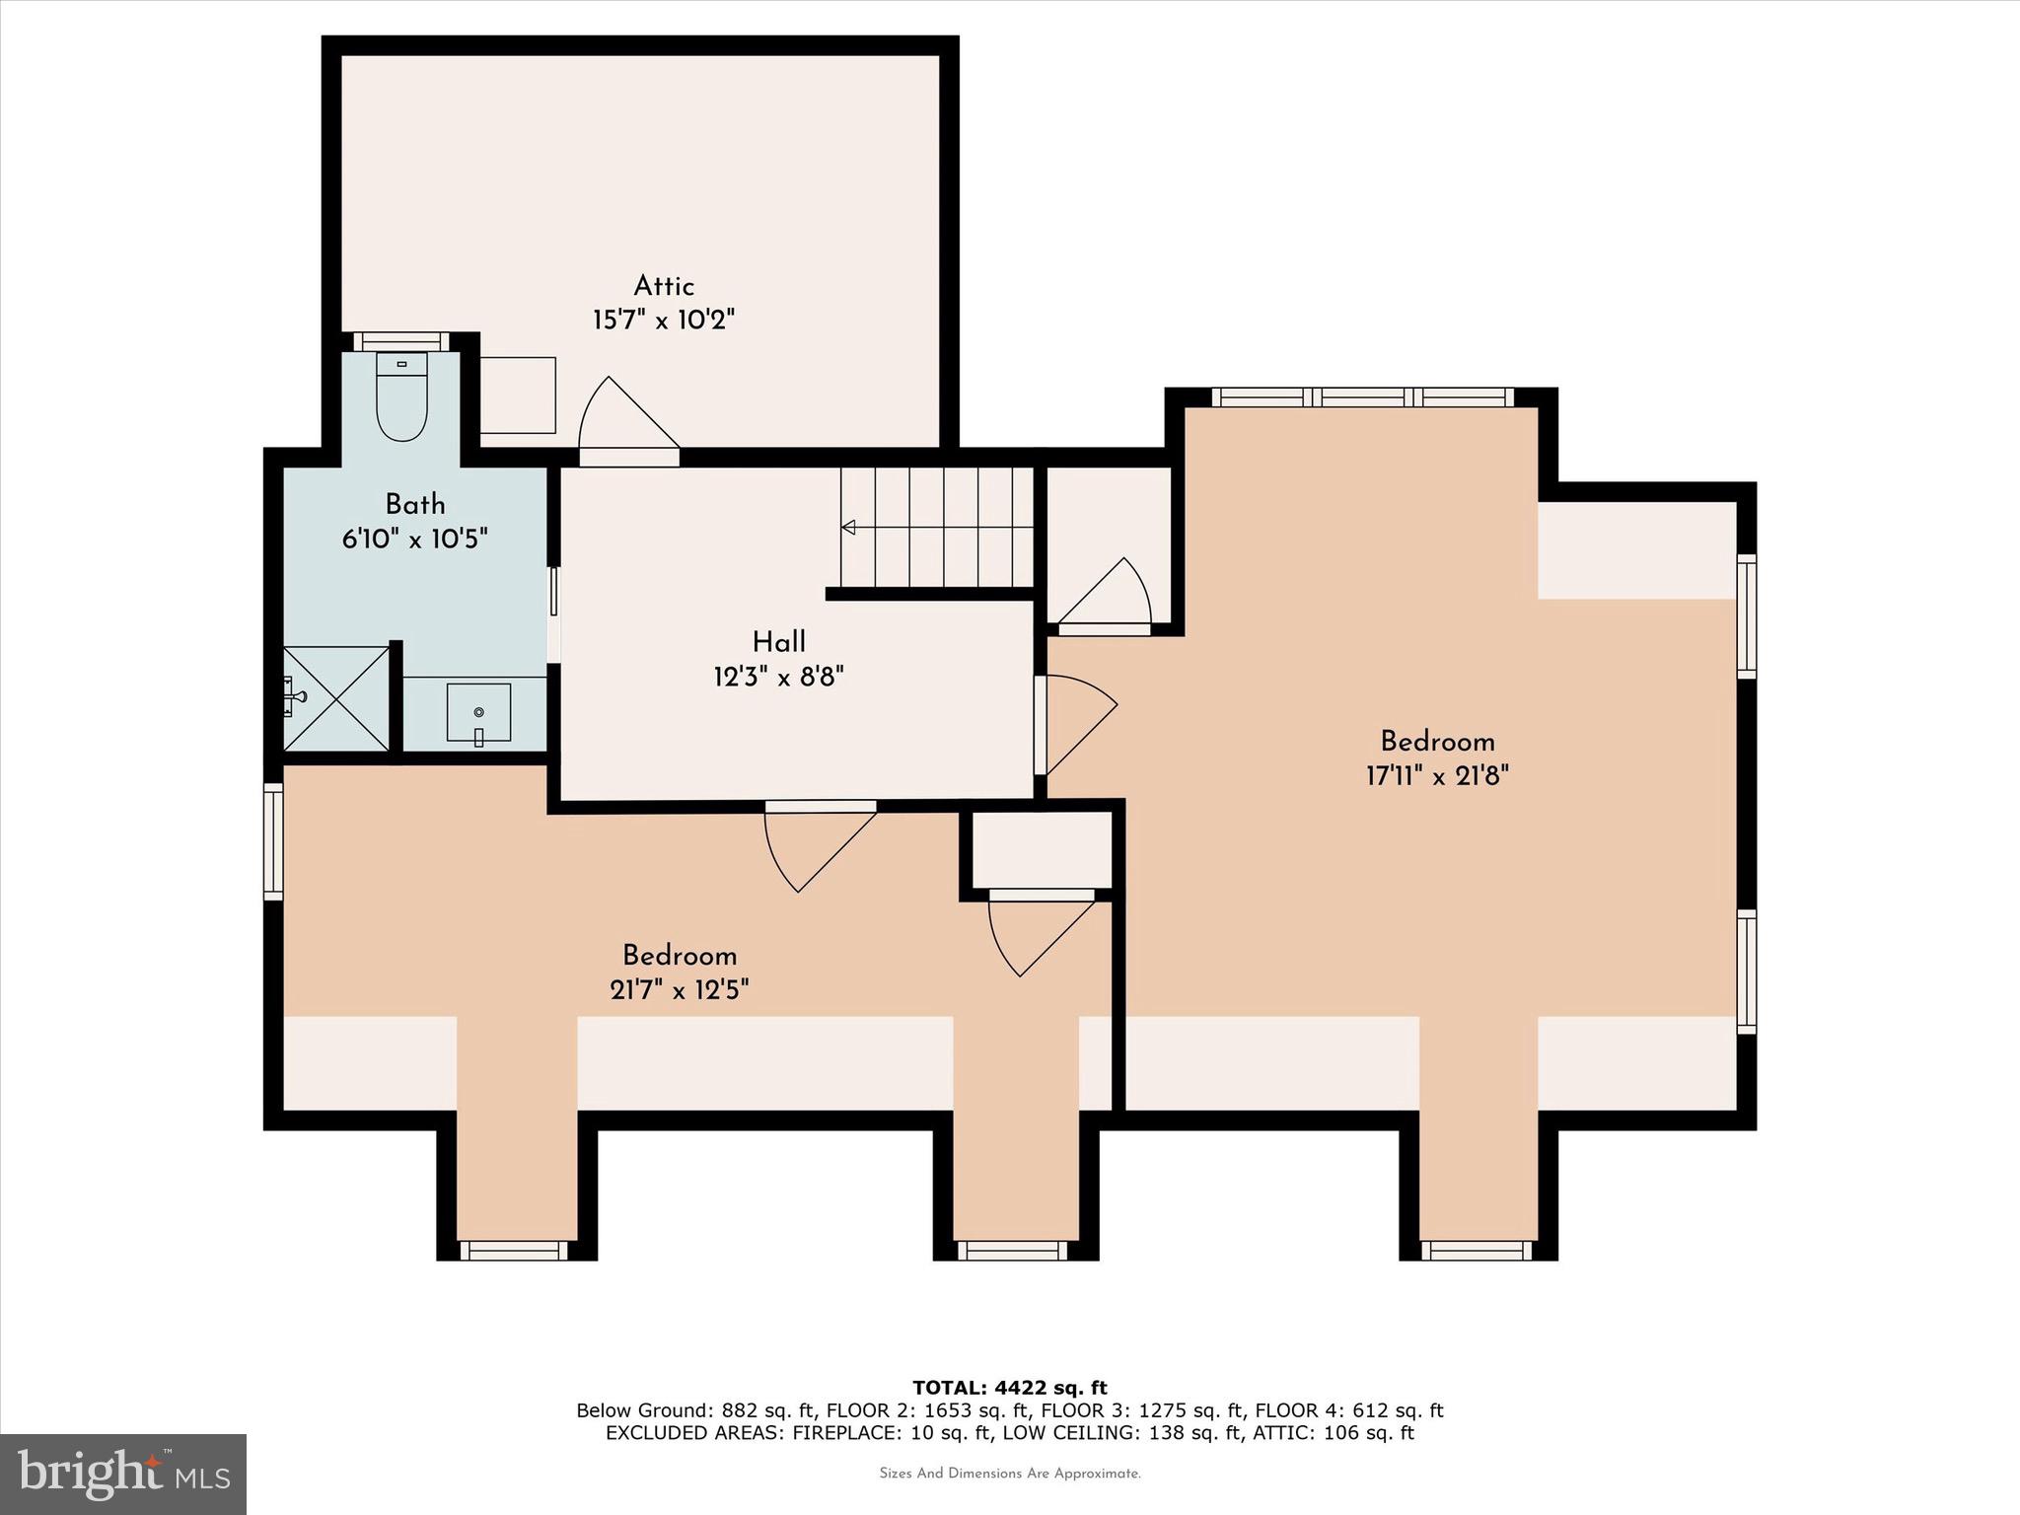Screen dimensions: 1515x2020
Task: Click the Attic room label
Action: click(664, 286)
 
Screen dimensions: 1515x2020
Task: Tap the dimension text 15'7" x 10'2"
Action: click(664, 321)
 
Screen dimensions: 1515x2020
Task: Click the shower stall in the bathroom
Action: click(336, 698)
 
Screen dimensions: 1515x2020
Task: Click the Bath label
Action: click(415, 505)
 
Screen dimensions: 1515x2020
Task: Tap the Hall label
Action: click(779, 642)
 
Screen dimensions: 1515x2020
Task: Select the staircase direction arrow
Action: click(848, 529)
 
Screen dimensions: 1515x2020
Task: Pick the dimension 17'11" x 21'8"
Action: click(1437, 776)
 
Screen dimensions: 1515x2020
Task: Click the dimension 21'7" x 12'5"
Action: click(680, 990)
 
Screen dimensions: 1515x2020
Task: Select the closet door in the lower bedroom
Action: click(1041, 932)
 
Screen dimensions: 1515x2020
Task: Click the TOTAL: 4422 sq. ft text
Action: click(1010, 1389)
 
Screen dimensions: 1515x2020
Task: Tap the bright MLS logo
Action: click(123, 1474)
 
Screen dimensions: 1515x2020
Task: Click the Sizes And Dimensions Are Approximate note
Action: click(1010, 1474)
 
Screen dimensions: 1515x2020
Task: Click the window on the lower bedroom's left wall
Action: click(273, 841)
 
